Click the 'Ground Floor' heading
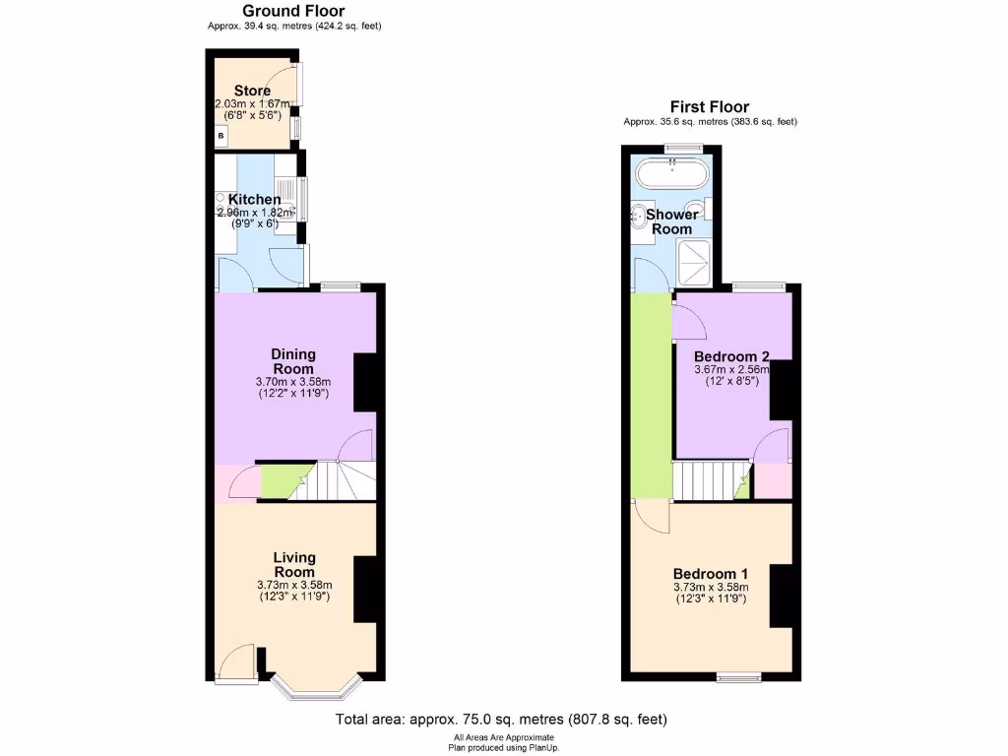tap(293, 11)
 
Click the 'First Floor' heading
tap(709, 107)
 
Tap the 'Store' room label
tap(252, 92)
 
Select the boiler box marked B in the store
tap(221, 135)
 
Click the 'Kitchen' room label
tap(255, 200)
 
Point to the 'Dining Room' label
tap(294, 361)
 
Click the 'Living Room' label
tap(294, 565)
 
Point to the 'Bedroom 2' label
tap(731, 356)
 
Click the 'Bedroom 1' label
tap(711, 574)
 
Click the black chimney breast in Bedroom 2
tap(782, 391)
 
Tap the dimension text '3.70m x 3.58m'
tap(294, 382)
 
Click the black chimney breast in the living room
tap(365, 589)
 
